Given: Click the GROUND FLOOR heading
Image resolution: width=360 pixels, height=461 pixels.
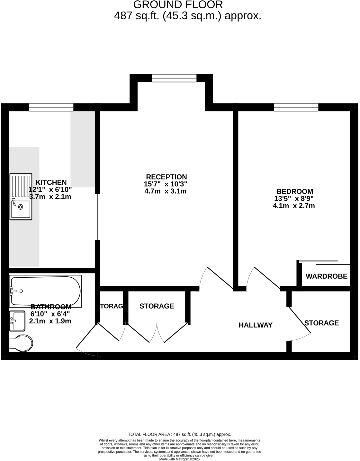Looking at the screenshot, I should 178,5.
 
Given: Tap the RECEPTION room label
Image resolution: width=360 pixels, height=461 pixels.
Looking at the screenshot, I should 166,177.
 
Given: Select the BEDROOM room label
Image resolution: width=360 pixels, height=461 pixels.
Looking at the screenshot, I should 294,191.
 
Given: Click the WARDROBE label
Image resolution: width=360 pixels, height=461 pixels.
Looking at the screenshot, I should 326,276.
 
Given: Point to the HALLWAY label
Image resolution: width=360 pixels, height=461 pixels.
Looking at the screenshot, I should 256,325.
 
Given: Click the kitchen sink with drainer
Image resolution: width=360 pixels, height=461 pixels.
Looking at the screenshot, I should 21,197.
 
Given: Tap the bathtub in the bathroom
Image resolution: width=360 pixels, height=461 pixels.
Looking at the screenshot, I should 45,291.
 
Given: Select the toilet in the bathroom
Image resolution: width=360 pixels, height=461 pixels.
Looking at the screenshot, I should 21,344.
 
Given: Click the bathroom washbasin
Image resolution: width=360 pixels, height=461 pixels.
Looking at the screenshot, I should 17,321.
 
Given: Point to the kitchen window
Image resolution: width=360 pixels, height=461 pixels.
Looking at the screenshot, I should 51,107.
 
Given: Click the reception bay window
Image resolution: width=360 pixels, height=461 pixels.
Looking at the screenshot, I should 174,78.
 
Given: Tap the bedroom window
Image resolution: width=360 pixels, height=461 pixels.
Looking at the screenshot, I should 296,107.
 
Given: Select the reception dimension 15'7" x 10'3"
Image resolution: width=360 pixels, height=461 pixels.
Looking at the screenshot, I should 166,184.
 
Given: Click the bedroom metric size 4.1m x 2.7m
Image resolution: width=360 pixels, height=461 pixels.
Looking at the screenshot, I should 294,206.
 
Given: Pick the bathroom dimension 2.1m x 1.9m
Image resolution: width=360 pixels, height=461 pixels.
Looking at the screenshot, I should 50,321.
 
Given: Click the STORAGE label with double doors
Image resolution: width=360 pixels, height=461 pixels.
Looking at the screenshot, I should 157,306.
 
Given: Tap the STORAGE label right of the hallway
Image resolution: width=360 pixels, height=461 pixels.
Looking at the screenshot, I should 321,323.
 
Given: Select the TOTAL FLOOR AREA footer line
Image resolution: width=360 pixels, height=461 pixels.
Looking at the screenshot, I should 179,434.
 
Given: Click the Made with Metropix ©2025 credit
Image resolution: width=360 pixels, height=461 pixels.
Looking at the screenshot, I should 179,459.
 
